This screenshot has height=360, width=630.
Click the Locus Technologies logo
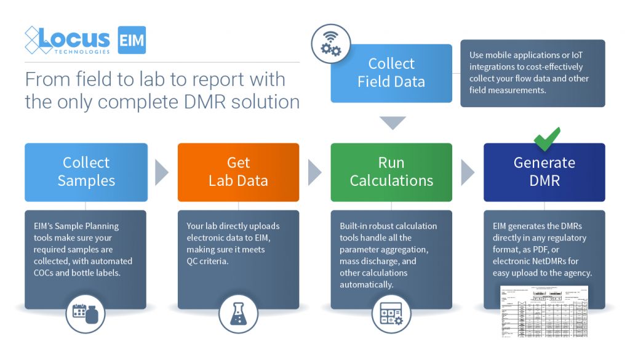pos(67,40)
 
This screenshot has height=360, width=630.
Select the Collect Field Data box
pos(391,73)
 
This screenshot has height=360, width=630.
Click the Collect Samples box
pos(86,172)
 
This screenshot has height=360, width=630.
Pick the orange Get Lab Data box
pos(238,172)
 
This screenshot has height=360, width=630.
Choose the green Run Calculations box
pos(391,172)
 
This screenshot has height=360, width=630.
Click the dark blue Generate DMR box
pos(544,172)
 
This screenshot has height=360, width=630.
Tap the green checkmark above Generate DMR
pos(546,138)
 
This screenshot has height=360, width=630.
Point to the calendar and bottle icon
pos(86,313)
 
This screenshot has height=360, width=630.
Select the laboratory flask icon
pos(238,313)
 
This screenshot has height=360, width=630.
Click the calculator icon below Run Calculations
pos(391,313)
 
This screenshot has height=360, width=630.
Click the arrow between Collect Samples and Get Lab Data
pos(162,172)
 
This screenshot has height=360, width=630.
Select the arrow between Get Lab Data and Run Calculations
pos(314,172)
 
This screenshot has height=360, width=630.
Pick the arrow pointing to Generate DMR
pos(468,172)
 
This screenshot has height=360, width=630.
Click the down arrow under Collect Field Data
pos(391,122)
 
